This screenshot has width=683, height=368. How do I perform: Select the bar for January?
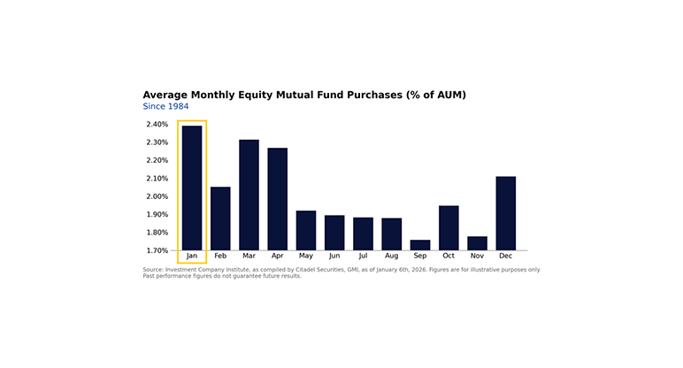coord(192,188)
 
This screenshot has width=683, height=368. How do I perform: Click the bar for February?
coord(220,218)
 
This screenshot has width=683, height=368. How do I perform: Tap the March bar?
coord(249,195)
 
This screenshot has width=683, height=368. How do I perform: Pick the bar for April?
coord(278,199)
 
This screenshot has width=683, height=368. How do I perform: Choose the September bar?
coord(420,245)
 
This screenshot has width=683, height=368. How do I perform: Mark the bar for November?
coord(477,243)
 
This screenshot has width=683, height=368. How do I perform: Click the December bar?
coord(506,213)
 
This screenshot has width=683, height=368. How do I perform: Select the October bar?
coord(449,228)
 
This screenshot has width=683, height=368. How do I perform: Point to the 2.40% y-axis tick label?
coord(157,125)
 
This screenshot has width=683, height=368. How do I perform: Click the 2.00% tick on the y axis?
coord(157,196)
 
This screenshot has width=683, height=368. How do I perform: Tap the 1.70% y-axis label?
coord(157,250)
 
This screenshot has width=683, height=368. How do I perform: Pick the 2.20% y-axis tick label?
coord(157,161)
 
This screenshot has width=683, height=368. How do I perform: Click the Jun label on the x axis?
coord(334,257)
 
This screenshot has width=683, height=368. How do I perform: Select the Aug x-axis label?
coord(391,257)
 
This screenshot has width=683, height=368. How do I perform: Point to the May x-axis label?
coord(306,257)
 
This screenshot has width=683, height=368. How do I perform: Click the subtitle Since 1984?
coord(165,106)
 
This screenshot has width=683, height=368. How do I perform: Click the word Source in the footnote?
coord(154,270)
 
